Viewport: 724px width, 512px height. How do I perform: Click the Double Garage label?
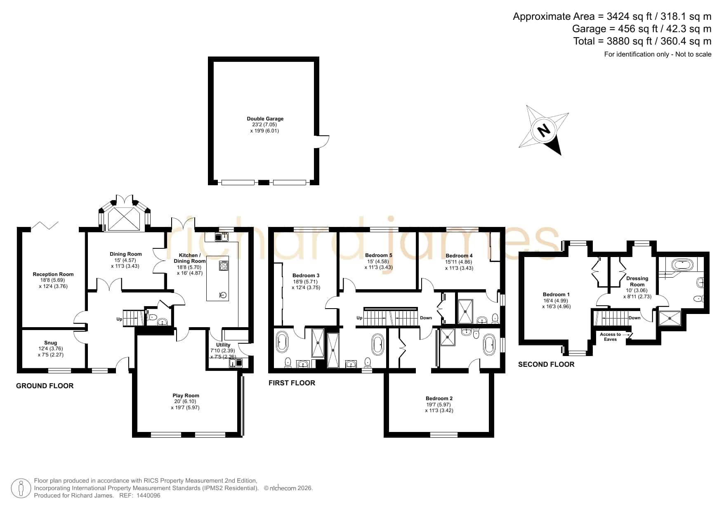[x=265, y=119]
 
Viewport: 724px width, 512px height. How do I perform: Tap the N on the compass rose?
[x=544, y=131]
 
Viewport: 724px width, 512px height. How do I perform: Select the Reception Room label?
[x=53, y=274]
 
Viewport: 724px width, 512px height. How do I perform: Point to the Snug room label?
[x=51, y=343]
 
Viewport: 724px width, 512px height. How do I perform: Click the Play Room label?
[x=186, y=396]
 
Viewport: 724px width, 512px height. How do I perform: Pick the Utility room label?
[x=223, y=345]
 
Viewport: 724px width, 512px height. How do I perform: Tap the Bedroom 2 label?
[x=439, y=399]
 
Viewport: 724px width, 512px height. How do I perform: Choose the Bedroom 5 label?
[x=378, y=255]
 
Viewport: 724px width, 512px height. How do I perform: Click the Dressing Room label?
[x=637, y=281]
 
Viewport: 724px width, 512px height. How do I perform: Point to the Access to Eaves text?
[x=610, y=337]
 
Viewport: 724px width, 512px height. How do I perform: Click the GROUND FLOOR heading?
[x=45, y=386]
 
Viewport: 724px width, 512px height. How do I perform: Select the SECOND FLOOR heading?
[x=546, y=364]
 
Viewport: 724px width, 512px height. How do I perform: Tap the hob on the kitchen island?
[x=224, y=265]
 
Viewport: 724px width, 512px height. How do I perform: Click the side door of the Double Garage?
[x=322, y=141]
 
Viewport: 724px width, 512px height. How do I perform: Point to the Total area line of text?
[x=642, y=41]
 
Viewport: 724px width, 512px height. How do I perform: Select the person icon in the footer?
[x=21, y=488]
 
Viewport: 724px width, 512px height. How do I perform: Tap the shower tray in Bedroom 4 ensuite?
[x=466, y=311]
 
